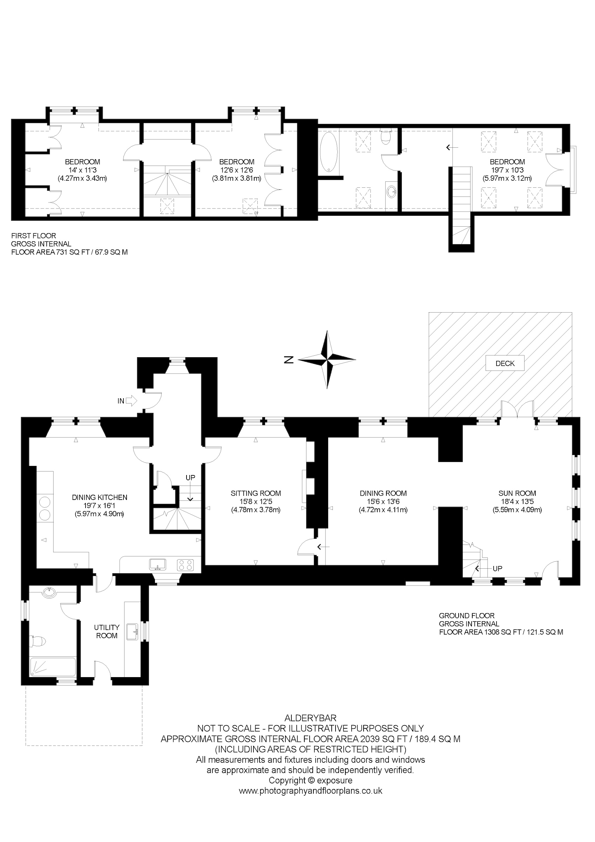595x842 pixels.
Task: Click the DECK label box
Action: (505, 363)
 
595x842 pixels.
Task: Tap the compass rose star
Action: (327, 359)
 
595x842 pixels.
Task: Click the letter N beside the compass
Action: (289, 360)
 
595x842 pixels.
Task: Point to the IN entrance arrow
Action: (131, 401)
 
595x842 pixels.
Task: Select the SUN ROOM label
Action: (517, 493)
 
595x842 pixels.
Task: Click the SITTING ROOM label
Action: (256, 493)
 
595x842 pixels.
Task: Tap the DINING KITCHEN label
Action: (100, 497)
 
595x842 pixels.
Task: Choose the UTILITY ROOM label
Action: (107, 631)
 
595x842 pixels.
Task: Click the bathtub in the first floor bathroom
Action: (329, 152)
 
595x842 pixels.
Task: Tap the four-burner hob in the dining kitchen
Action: (185, 565)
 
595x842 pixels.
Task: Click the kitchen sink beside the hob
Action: (158, 564)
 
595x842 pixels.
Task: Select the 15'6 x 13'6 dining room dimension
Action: (383, 502)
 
